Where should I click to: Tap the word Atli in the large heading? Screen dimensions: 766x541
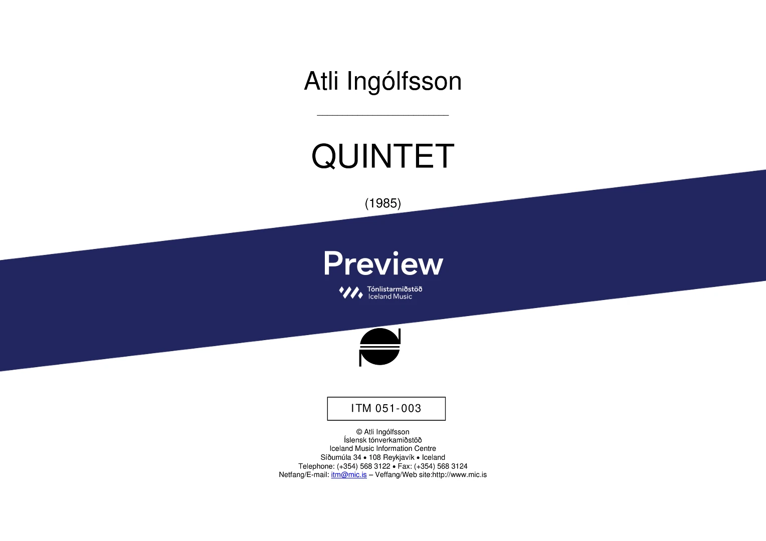tap(321, 81)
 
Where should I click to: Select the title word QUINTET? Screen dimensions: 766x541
tap(382, 156)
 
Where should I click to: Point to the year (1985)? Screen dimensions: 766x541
tap(383, 203)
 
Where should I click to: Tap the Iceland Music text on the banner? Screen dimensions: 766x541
tap(390, 297)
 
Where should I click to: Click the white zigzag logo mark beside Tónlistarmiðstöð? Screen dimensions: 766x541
tap(351, 293)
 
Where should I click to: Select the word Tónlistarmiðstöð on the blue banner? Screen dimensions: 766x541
tap(395, 289)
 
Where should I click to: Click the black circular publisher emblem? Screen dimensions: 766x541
tap(379, 347)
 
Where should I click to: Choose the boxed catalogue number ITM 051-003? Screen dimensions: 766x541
tap(386, 408)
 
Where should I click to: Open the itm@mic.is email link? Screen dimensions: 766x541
tap(349, 475)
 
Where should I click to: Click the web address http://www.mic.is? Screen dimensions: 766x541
tap(459, 475)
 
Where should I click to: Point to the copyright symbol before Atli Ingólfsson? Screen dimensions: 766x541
tap(359, 432)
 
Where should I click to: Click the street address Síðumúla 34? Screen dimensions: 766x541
tap(340, 457)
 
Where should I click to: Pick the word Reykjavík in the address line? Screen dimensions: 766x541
tap(399, 458)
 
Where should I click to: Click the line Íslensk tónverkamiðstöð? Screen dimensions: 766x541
tap(382, 440)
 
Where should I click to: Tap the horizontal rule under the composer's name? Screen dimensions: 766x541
tap(382, 116)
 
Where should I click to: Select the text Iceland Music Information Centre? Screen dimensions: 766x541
tap(382, 448)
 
